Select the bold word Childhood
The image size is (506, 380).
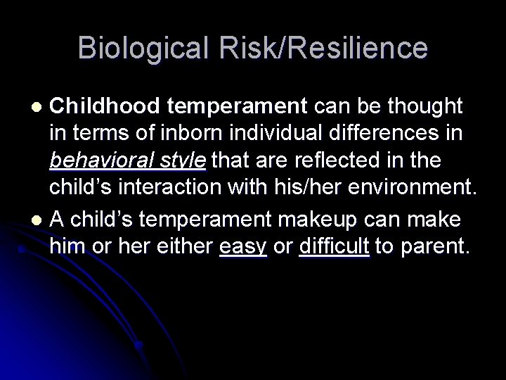(x=106, y=106)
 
